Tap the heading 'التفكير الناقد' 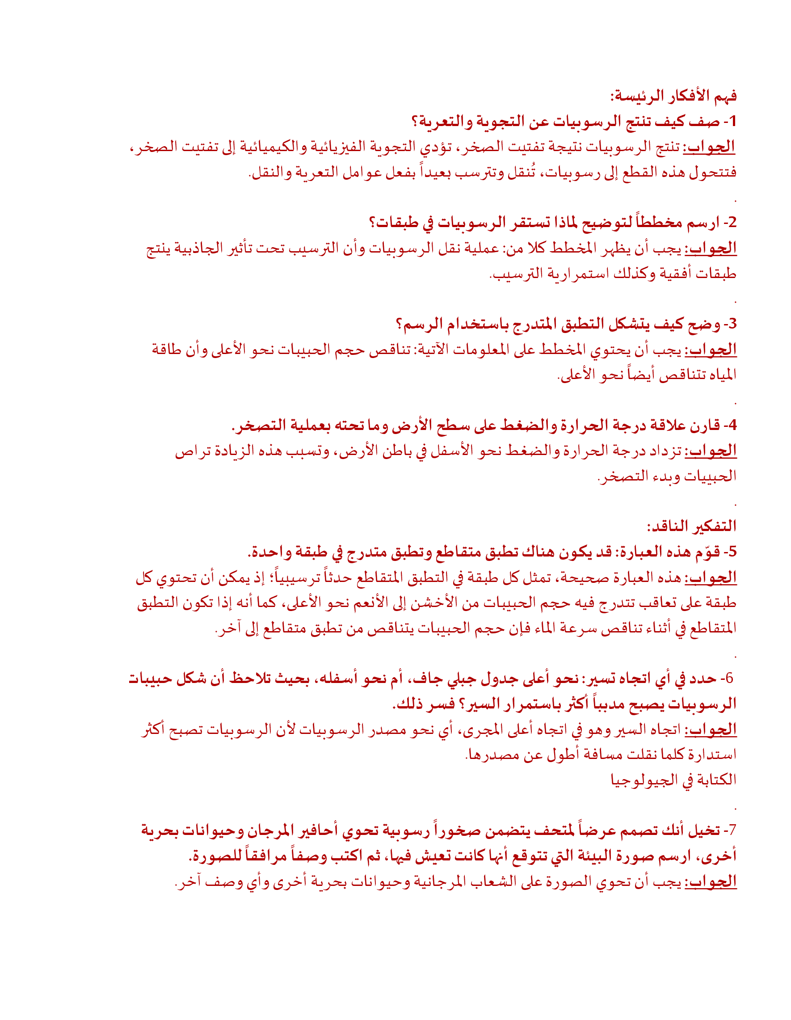point(691,527)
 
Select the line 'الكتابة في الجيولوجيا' point(673,780)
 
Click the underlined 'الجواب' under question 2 point(711,248)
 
